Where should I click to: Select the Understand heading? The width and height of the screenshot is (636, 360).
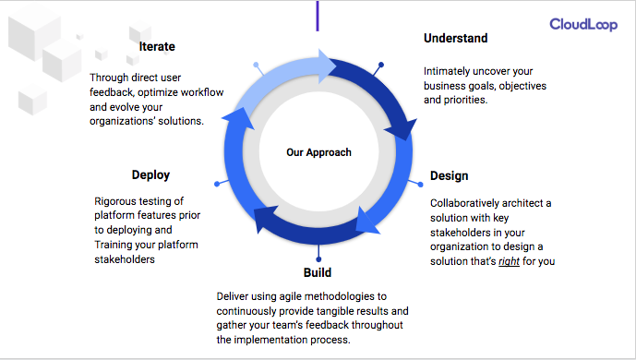455,39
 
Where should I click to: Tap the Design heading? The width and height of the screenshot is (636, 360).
449,175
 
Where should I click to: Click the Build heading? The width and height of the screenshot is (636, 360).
318,273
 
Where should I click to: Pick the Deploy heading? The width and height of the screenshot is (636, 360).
150,174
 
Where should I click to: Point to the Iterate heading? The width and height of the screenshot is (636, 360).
157,46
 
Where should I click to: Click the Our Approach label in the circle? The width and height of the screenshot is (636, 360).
318,152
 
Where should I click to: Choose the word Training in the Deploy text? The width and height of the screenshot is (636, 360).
117,245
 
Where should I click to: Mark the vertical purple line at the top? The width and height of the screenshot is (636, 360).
318,15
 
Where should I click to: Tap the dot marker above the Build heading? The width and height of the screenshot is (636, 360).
318,258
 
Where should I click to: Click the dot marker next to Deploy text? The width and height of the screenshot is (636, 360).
216,184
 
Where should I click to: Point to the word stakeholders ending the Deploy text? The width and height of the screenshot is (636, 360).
125,259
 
